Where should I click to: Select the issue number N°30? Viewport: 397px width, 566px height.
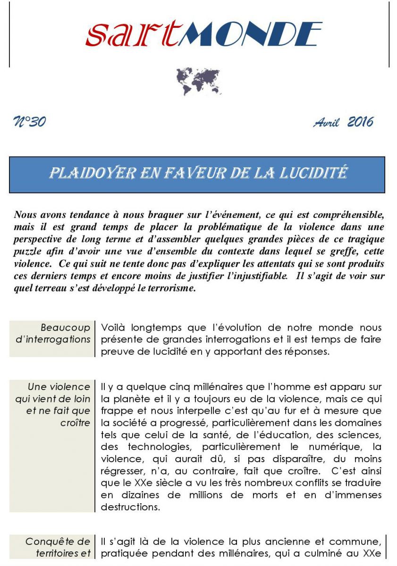[30, 122]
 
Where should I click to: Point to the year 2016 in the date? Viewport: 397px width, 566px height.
[360, 122]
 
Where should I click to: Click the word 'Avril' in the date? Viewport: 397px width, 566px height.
[326, 123]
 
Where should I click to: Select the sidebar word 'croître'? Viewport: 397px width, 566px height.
[75, 423]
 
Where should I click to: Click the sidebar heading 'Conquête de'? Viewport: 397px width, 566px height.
[58, 541]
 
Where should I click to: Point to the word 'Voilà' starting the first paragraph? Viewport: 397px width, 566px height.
[114, 327]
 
